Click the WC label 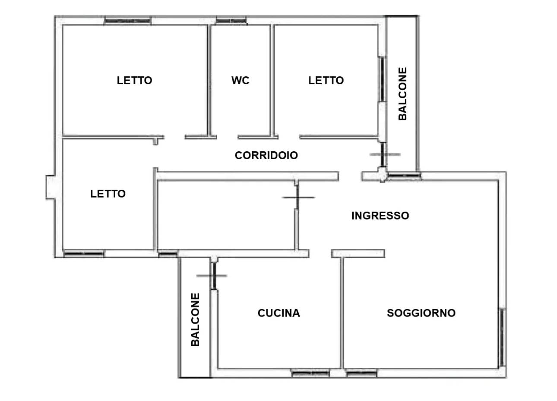[240, 81]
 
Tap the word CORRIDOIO [266, 155]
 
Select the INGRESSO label [380, 216]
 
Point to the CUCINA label [279, 313]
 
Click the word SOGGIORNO [421, 313]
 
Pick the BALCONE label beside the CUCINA [195, 320]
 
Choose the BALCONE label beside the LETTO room [402, 94]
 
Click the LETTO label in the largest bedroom [135, 81]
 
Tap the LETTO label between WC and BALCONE [326, 81]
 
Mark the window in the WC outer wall [231, 21]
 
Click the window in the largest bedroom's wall [127, 21]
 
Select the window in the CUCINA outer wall [310, 373]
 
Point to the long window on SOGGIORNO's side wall [502, 337]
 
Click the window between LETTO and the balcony [382, 79]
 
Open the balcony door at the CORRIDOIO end [384, 154]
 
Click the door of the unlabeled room [297, 197]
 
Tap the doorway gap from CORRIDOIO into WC [227, 137]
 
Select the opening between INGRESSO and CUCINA [320, 254]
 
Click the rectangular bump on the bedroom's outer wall [50, 188]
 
